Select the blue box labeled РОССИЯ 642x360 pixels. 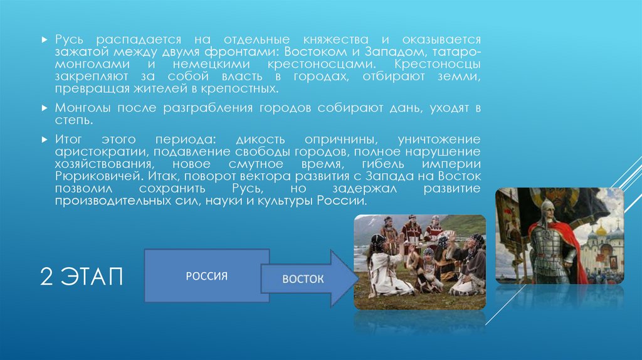[x=205, y=275]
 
